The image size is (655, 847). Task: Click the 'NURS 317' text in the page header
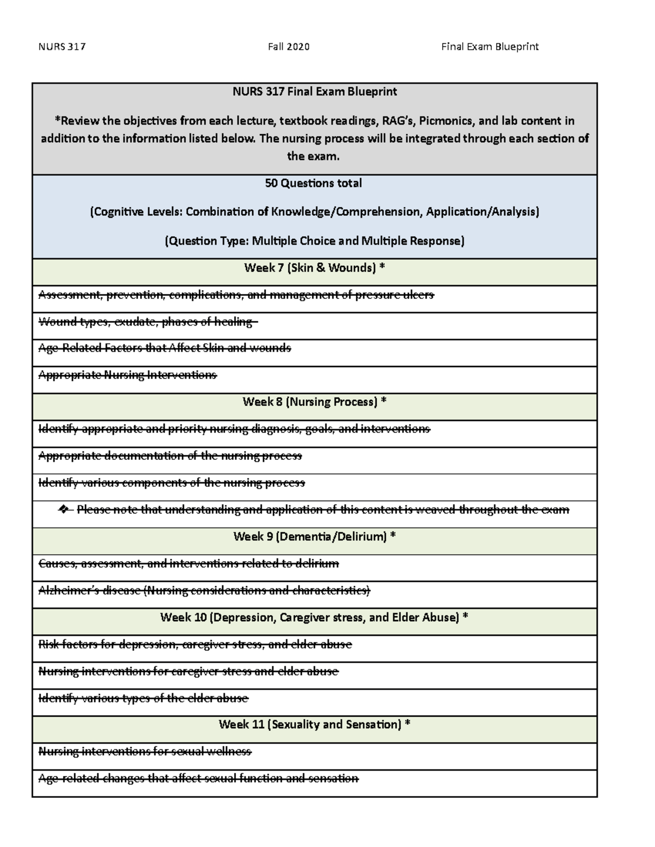pyautogui.click(x=62, y=47)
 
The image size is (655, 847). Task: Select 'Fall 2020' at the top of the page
pyautogui.click(x=289, y=47)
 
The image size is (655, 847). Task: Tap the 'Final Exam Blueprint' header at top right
pyautogui.click(x=490, y=47)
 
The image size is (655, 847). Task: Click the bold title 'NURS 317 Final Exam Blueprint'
pyautogui.click(x=315, y=92)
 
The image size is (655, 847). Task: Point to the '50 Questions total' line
pyautogui.click(x=313, y=183)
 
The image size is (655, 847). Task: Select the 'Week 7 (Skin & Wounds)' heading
pyautogui.click(x=314, y=268)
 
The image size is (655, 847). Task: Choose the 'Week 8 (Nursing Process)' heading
pyautogui.click(x=314, y=402)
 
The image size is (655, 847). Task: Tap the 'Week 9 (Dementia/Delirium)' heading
pyautogui.click(x=314, y=537)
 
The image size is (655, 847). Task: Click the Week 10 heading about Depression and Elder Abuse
pyautogui.click(x=314, y=617)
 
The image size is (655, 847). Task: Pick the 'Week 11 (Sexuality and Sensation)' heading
pyautogui.click(x=314, y=724)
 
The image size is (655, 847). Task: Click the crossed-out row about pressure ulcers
pyautogui.click(x=236, y=295)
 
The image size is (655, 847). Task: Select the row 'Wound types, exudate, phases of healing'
pyautogui.click(x=147, y=322)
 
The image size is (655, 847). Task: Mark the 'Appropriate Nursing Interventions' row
pyautogui.click(x=128, y=375)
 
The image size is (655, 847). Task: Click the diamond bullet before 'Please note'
pyautogui.click(x=64, y=510)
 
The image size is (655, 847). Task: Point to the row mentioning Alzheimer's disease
pyautogui.click(x=204, y=591)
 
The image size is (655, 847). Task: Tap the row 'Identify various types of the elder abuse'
pyautogui.click(x=143, y=698)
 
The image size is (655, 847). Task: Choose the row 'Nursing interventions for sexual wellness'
pyautogui.click(x=145, y=752)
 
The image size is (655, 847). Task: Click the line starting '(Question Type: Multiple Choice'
pyautogui.click(x=314, y=241)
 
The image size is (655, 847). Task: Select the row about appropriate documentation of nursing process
pyautogui.click(x=170, y=456)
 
